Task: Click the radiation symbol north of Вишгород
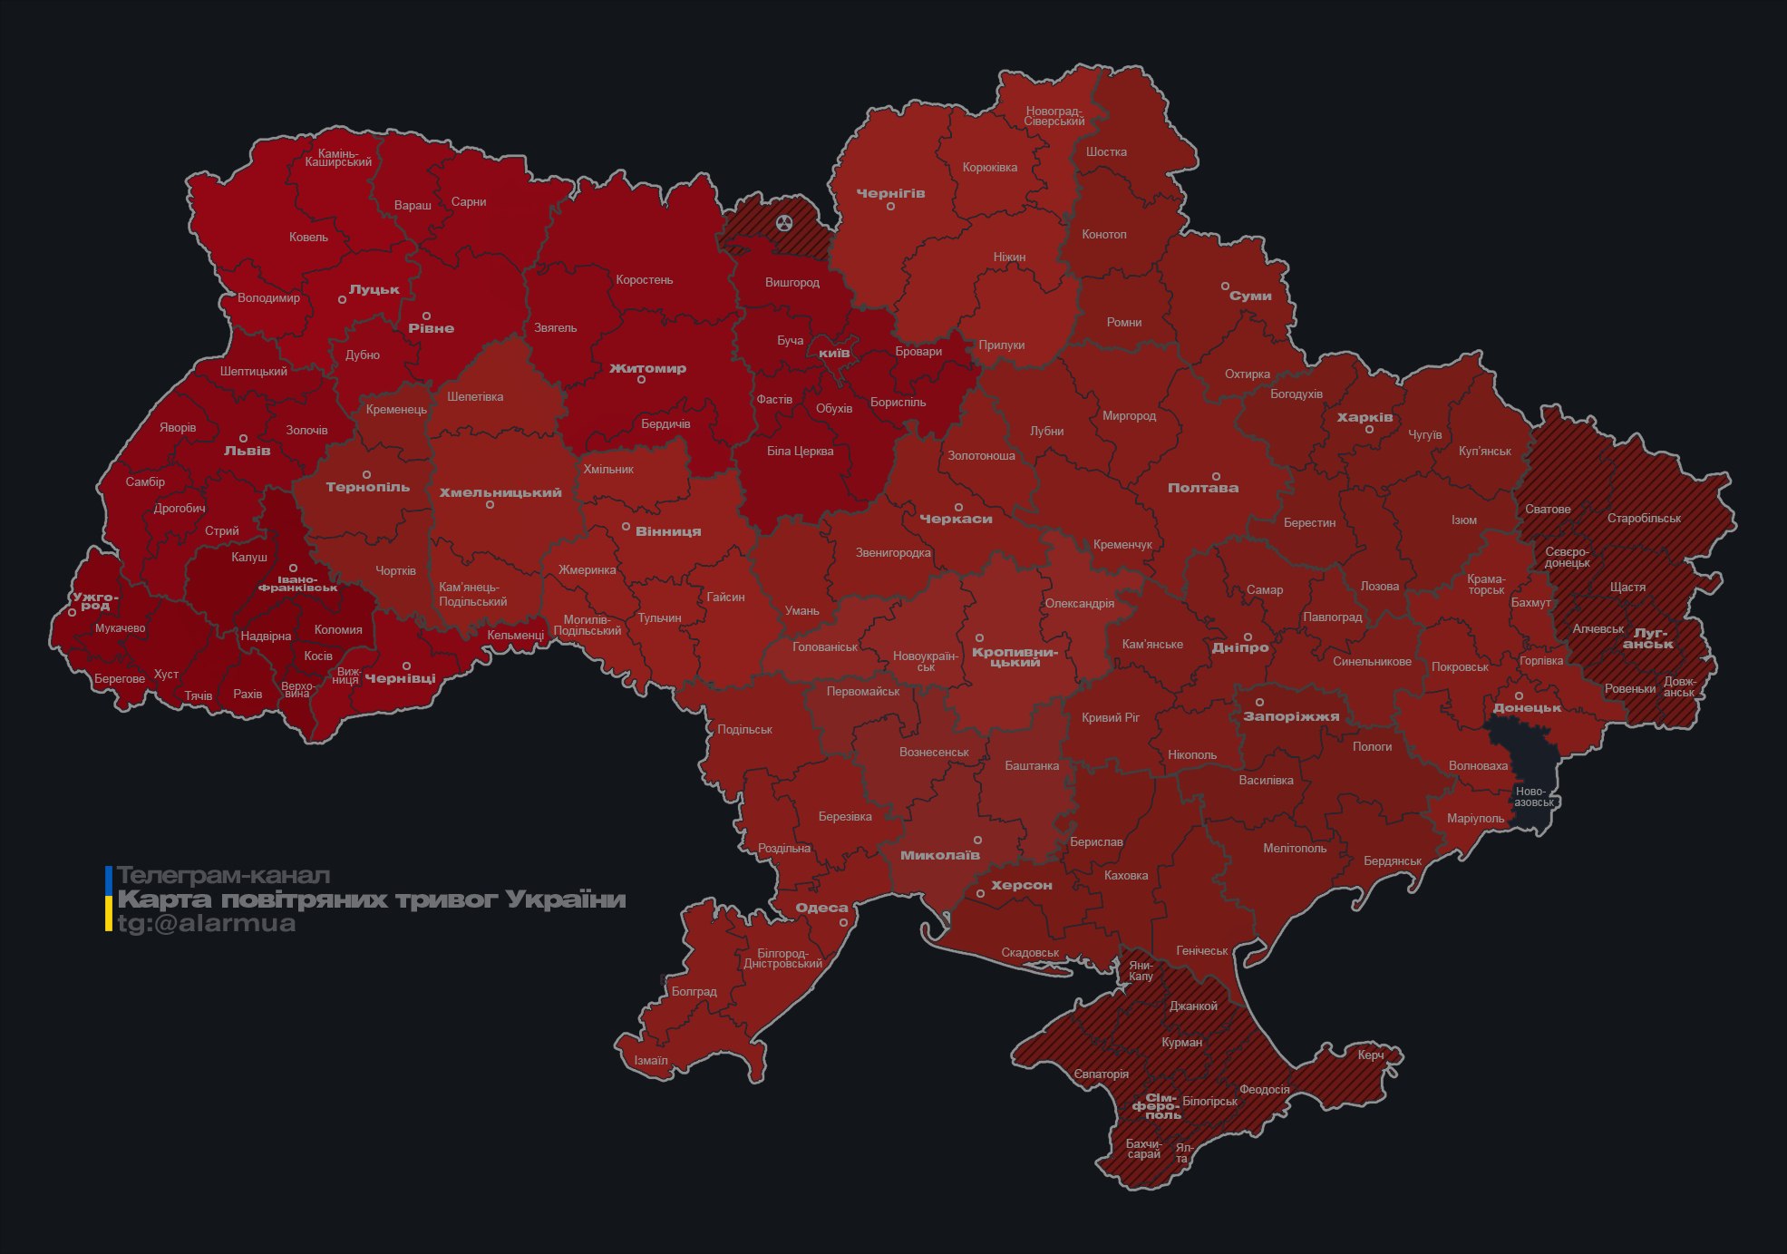click(x=784, y=223)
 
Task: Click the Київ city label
click(x=834, y=353)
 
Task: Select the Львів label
click(x=248, y=451)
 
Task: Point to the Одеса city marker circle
click(x=843, y=923)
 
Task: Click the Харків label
click(x=1365, y=418)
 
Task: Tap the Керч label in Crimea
click(x=1371, y=1055)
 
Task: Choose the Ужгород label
click(x=95, y=601)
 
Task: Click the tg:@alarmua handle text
click(x=207, y=924)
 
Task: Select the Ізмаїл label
click(x=651, y=1061)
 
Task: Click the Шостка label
click(x=1106, y=151)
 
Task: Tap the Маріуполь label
click(x=1475, y=819)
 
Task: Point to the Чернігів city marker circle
click(x=890, y=207)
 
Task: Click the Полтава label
click(x=1202, y=488)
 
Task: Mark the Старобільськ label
click(x=1644, y=519)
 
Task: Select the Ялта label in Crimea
click(x=1183, y=1153)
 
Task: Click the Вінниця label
click(x=668, y=532)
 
